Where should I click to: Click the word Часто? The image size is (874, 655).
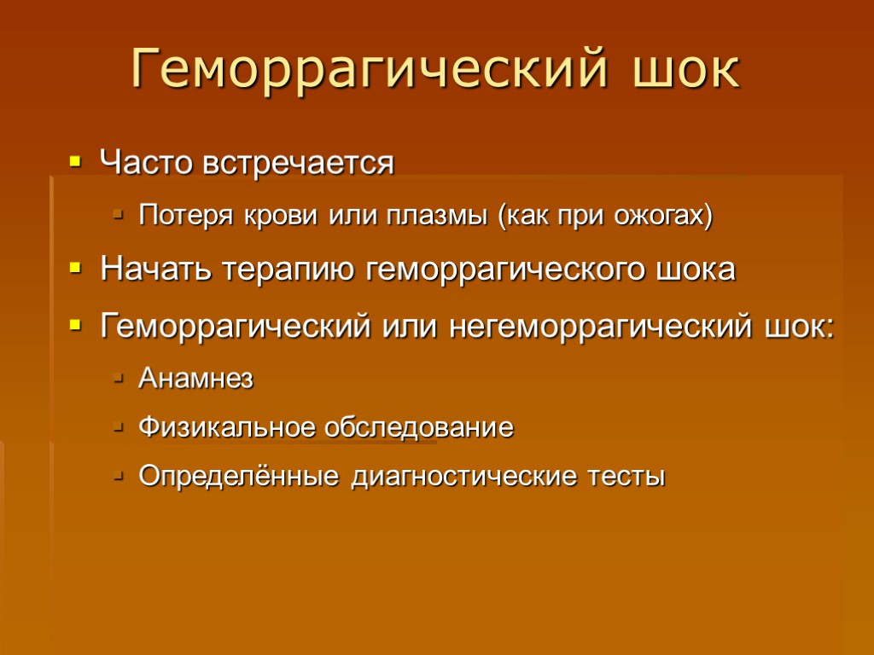[146, 161]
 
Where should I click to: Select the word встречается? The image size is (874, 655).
[298, 162]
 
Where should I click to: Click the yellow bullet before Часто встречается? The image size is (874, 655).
[75, 159]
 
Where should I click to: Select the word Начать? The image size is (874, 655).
[157, 270]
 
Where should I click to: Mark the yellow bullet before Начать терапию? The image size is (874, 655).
[75, 270]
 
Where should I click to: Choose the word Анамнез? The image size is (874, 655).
[195, 378]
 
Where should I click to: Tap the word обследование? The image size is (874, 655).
[418, 426]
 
